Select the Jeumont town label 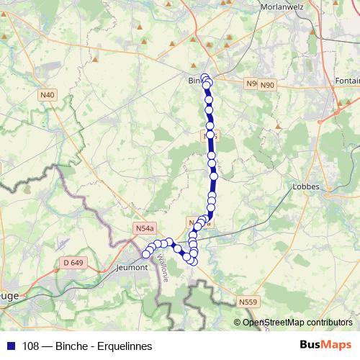[131, 267]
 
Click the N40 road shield [48, 94]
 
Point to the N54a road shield [145, 228]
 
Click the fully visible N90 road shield [268, 85]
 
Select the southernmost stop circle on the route [192, 261]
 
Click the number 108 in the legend [31, 346]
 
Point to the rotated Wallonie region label [163, 265]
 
